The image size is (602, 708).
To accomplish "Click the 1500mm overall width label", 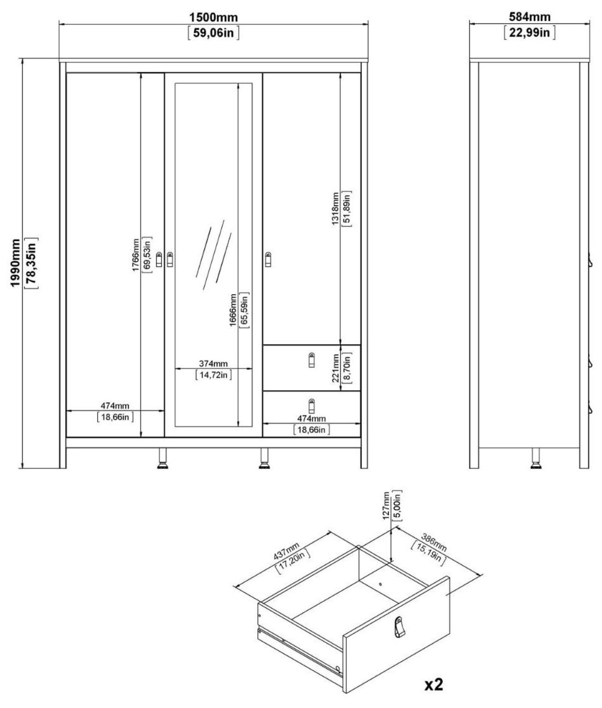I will pyautogui.click(x=213, y=17).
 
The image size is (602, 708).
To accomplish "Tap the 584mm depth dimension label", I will pyautogui.click(x=529, y=17).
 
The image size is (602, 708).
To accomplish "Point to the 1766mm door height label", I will pyautogui.click(x=136, y=255).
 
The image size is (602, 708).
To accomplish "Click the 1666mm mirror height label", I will pyautogui.click(x=233, y=310).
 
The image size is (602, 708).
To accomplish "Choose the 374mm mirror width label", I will pyautogui.click(x=213, y=363).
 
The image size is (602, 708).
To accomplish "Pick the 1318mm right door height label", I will pyautogui.click(x=335, y=209).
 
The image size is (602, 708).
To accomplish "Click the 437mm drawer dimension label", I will pyautogui.click(x=286, y=551).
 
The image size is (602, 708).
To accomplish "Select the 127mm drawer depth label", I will pyautogui.click(x=386, y=505).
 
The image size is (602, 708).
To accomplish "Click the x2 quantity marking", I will pyautogui.click(x=434, y=685).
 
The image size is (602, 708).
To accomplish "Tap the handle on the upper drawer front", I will pyautogui.click(x=311, y=360).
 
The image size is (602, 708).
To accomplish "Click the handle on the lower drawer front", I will pyautogui.click(x=311, y=406).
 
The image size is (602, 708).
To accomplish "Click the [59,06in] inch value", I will pyautogui.click(x=213, y=33).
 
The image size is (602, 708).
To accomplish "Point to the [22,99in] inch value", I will pyautogui.click(x=529, y=33).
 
